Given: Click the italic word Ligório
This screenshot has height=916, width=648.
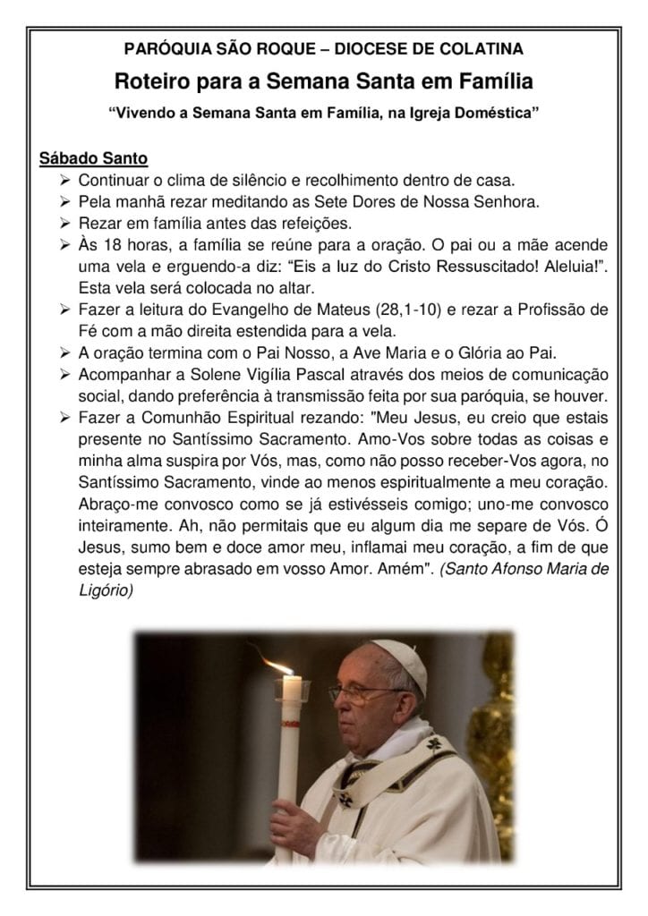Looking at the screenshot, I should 106,591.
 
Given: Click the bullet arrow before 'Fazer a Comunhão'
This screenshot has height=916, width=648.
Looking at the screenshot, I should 64,418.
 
